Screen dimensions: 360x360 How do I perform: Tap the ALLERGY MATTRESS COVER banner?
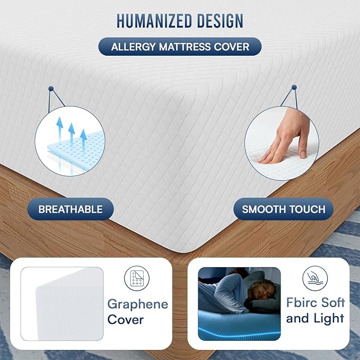pos(180,47)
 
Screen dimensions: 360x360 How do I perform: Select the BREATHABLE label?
pos(71,209)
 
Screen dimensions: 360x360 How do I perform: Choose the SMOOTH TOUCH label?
pos(284,209)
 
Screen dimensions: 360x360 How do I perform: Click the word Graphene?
pos(138,304)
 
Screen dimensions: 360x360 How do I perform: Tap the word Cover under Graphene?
pos(126,320)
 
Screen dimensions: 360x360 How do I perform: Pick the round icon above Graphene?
pos(136,279)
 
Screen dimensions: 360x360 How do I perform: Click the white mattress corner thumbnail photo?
pos(62,303)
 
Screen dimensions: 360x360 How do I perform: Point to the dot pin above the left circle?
pos(50,88)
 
